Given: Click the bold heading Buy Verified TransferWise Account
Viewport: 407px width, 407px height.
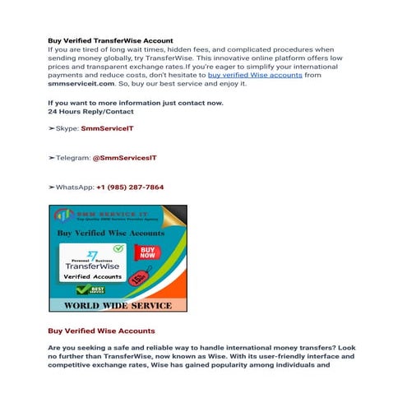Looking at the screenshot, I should point(110,40).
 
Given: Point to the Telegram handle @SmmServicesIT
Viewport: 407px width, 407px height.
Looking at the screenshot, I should point(123,158).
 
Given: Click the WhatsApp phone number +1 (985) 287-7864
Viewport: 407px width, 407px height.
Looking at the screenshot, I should point(130,187).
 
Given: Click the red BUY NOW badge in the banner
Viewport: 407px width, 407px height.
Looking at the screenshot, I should point(146,252).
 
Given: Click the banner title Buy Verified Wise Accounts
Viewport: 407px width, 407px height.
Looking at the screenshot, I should point(111,234).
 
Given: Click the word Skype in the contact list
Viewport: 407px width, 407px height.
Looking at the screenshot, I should point(67,129).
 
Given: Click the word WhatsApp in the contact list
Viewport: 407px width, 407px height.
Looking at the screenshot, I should point(74,187).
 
